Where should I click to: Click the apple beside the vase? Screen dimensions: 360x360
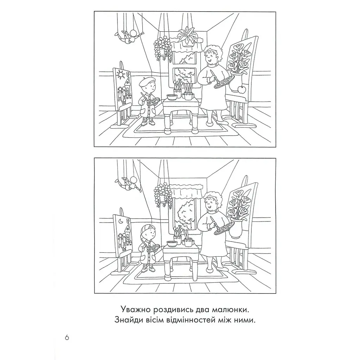tap(241, 89)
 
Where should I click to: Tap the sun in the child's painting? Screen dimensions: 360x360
tap(120, 74)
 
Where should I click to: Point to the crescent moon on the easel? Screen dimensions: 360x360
tap(120, 221)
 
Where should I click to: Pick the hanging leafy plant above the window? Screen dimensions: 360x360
tap(187, 37)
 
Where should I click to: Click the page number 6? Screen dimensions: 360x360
tap(67, 337)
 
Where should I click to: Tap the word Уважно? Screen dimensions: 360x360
tap(135, 309)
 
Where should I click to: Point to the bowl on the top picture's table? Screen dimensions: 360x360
tap(171, 97)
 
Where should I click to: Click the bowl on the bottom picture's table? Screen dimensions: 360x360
tap(171, 244)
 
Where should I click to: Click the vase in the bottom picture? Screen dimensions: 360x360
tap(235, 228)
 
